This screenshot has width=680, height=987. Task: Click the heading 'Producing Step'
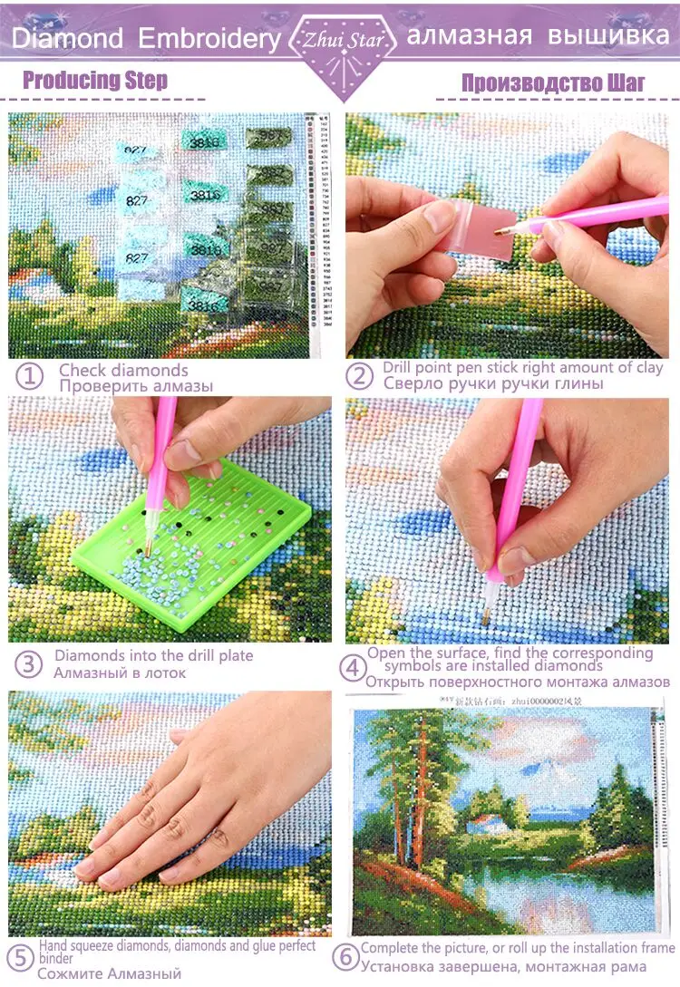point(95,80)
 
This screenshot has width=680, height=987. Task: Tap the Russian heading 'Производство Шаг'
point(553,82)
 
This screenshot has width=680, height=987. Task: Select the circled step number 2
point(360,375)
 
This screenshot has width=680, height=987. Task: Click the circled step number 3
point(30,663)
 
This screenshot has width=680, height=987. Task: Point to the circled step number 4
point(354,669)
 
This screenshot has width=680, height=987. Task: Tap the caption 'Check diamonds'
point(123,370)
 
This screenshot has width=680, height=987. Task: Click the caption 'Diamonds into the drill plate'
point(153,655)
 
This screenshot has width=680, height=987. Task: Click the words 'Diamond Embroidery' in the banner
point(145,39)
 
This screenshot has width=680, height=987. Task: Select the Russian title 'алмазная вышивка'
point(538,37)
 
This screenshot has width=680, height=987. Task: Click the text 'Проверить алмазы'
point(136,386)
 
